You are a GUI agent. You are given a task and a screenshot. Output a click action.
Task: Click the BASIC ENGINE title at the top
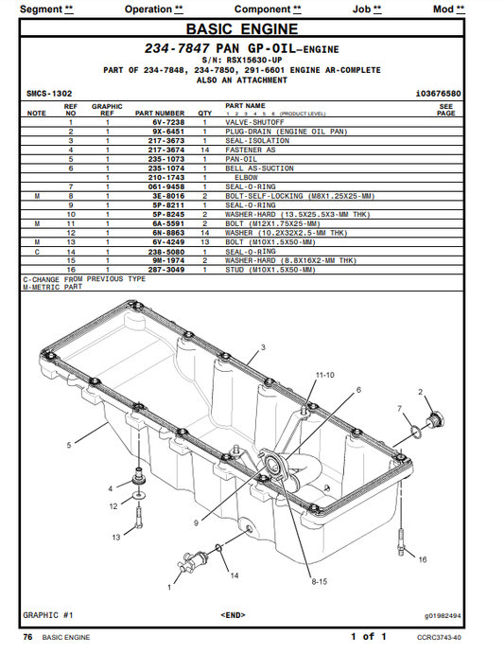click(252, 30)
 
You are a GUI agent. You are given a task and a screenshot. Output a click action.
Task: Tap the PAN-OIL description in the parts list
click(242, 159)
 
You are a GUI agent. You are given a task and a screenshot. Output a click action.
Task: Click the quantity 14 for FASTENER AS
click(204, 150)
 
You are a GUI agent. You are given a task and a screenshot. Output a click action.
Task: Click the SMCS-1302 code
click(49, 94)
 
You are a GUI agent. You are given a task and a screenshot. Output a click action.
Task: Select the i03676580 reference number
click(437, 94)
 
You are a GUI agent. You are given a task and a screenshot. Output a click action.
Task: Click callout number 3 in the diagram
click(263, 347)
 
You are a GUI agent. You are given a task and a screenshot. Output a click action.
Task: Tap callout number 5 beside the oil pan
click(68, 444)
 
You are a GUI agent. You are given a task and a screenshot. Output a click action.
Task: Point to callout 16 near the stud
click(422, 559)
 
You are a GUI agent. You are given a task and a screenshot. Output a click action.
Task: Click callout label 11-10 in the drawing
click(324, 375)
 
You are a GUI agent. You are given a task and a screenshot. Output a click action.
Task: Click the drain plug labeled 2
click(436, 419)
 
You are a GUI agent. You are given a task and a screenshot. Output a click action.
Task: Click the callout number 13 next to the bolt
click(116, 536)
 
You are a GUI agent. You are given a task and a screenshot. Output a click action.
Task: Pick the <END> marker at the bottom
click(235, 614)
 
